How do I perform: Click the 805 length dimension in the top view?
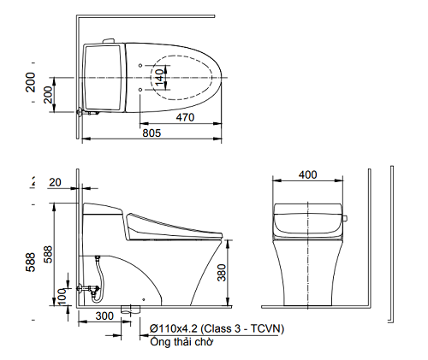[152, 133]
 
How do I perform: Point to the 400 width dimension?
[307, 174]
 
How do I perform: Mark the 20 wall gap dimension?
[56, 182]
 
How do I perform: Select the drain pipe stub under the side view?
[130, 308]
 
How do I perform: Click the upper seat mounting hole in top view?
[140, 66]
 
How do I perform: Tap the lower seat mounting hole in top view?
[140, 88]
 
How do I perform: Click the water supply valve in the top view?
[83, 111]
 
